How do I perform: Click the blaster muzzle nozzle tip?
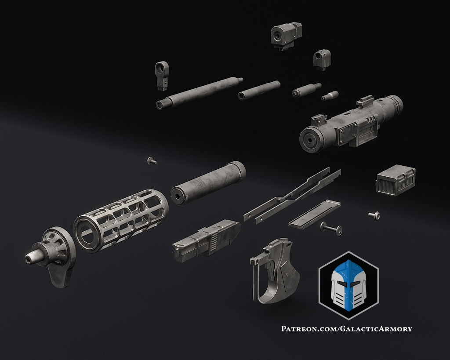pos(30,259)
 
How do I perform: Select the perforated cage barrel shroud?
pos(121,219)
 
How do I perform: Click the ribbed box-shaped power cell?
pos(396,180)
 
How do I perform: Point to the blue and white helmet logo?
pos(348,284)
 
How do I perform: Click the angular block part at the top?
pos(286,34)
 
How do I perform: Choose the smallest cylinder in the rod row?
pos(330,96)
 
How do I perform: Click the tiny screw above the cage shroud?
pos(152,161)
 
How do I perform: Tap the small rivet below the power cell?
pos(374,215)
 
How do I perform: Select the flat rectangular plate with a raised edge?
pos(314,214)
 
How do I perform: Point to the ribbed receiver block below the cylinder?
pos(207,239)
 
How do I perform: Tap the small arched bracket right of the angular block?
pos(322,59)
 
